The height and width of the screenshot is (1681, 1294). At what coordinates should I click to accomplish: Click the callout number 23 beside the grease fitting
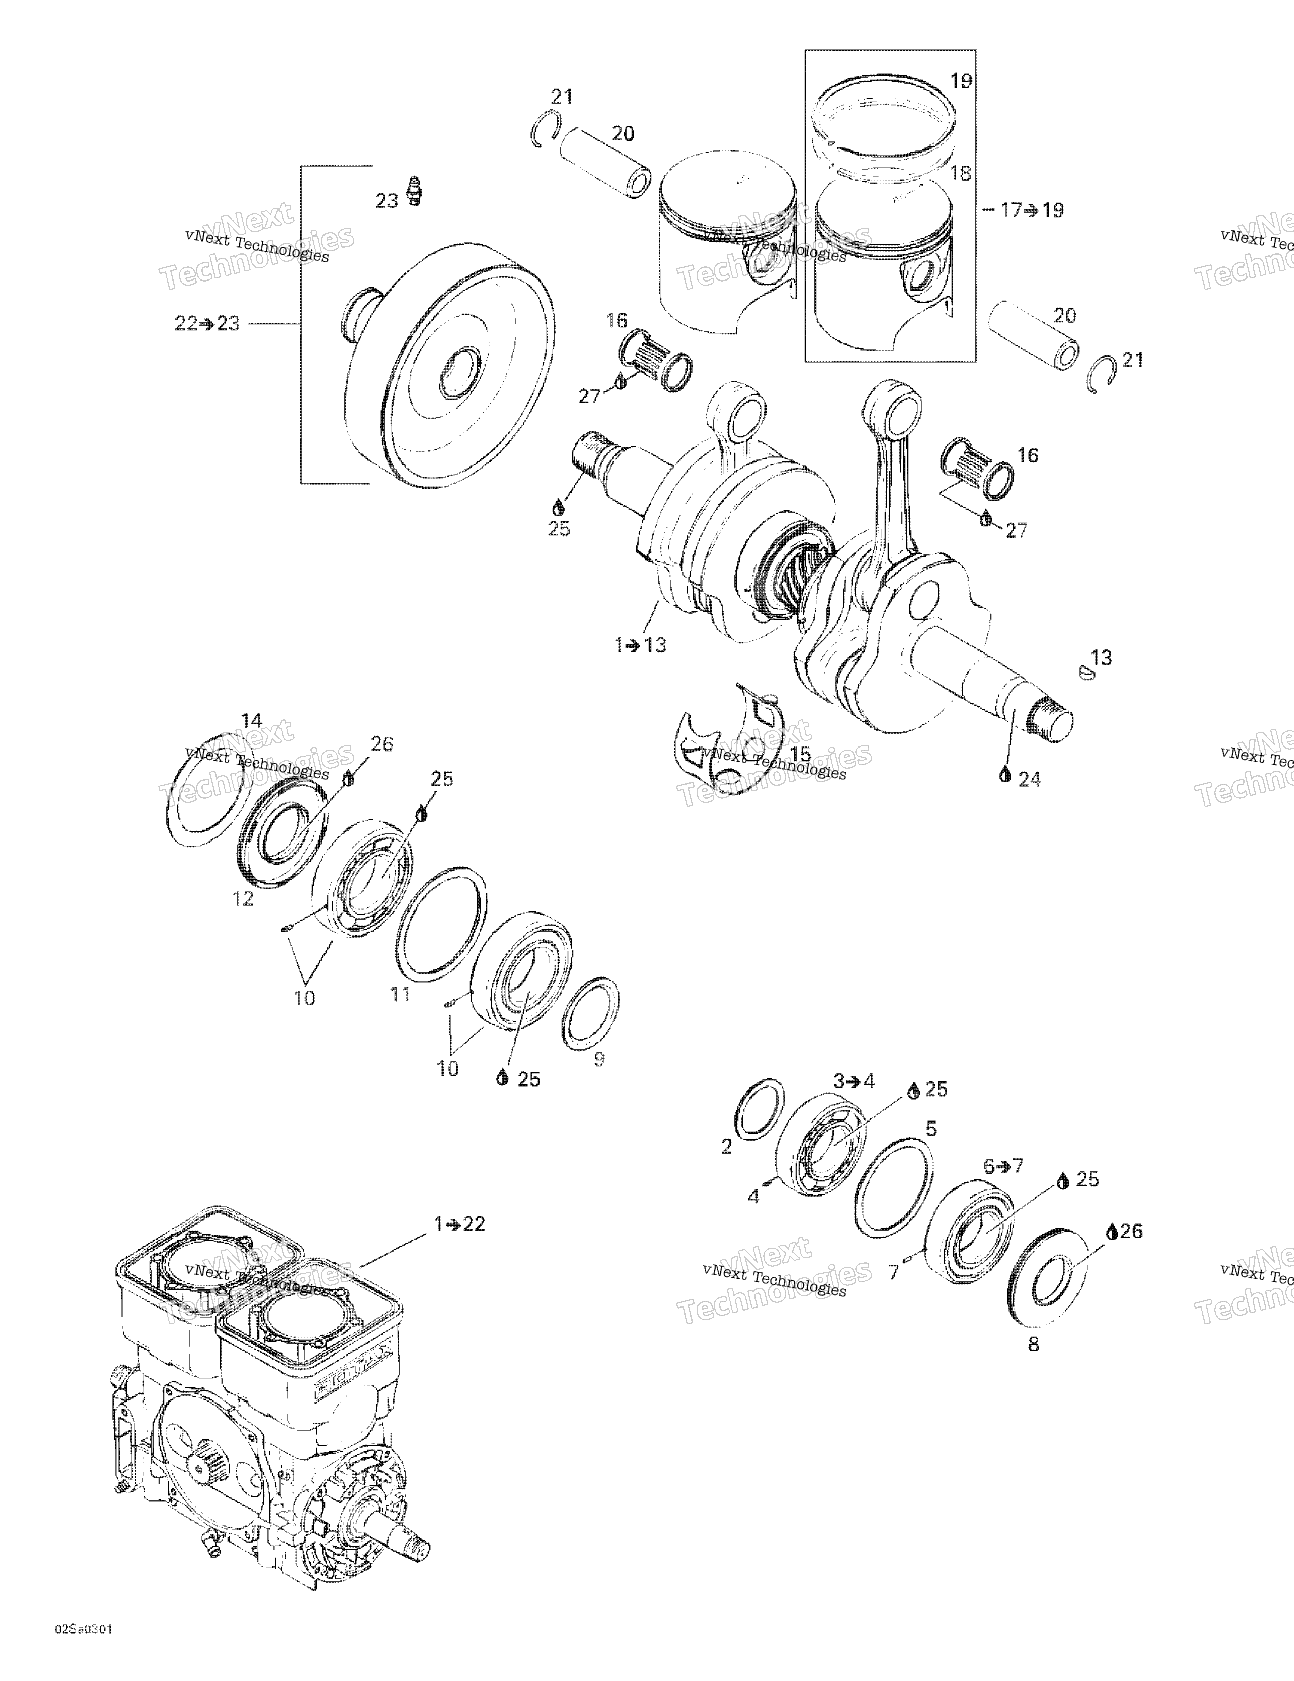point(386,201)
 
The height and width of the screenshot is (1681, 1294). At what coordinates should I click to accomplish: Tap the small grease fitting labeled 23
point(415,191)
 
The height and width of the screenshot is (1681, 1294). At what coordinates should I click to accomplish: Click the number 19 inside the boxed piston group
point(961,81)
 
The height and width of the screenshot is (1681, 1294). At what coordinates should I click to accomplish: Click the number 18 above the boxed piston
point(960,173)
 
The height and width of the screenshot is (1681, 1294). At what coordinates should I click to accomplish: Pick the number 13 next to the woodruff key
point(1102,658)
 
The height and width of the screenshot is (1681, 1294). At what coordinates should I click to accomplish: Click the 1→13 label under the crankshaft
point(640,645)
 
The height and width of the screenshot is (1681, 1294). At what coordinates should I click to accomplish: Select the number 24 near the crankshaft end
point(1029,780)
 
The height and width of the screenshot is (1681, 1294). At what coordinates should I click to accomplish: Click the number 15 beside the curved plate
point(800,754)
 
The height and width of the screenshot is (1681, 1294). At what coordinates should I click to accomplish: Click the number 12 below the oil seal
point(243,898)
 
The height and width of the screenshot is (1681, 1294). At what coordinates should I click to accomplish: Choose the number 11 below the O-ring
point(400,994)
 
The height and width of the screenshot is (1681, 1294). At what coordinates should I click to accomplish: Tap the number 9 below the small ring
point(599,1059)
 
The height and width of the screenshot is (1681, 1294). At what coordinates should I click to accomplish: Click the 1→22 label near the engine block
point(459,1224)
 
